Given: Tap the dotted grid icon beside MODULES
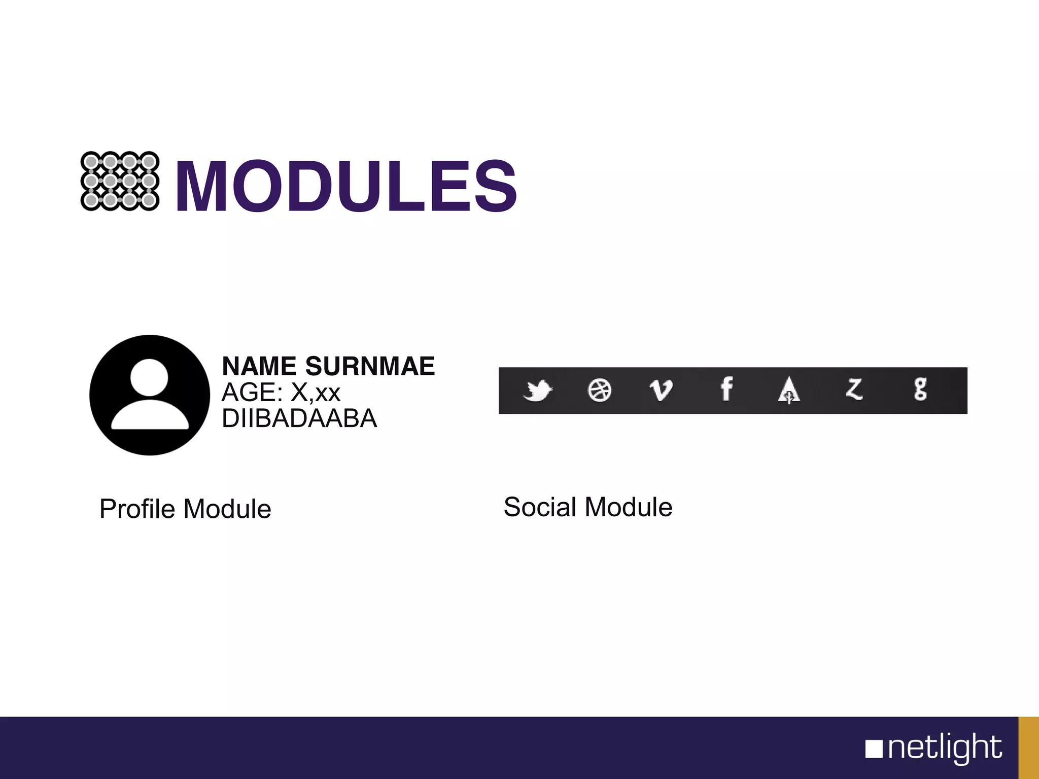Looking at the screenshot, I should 120,181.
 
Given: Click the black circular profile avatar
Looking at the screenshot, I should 150,395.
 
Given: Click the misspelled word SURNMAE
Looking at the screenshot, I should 370,366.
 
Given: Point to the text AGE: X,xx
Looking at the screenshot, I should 281,392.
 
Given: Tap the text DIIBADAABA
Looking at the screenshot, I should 299,418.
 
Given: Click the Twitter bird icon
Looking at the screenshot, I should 537,391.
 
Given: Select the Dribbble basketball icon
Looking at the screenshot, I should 599,391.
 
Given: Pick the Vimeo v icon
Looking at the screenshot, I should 661,391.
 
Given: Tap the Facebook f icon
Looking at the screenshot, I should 726,389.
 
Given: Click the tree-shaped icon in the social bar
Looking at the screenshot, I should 789,391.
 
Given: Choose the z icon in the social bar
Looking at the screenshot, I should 854,389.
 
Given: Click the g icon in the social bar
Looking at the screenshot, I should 920,389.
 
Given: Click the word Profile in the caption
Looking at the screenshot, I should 137,509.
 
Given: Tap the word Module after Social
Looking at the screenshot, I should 629,507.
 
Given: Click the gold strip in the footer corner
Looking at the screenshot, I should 1029,748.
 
